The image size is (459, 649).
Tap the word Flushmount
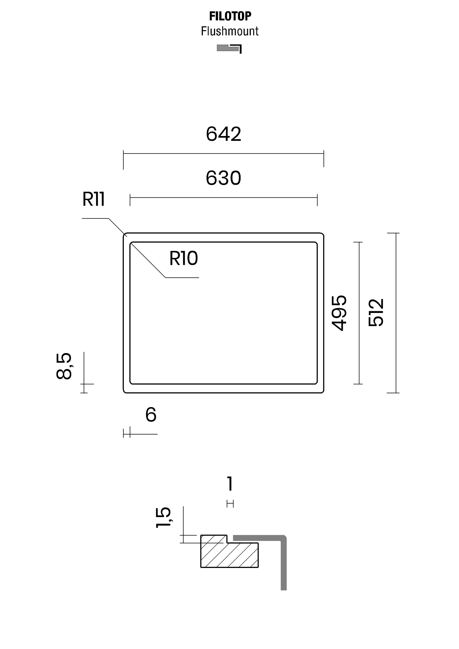click(230, 31)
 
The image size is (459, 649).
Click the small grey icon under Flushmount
click(229, 49)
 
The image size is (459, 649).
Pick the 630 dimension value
click(224, 178)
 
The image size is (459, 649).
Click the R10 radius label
click(183, 258)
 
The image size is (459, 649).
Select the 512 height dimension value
click(376, 313)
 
